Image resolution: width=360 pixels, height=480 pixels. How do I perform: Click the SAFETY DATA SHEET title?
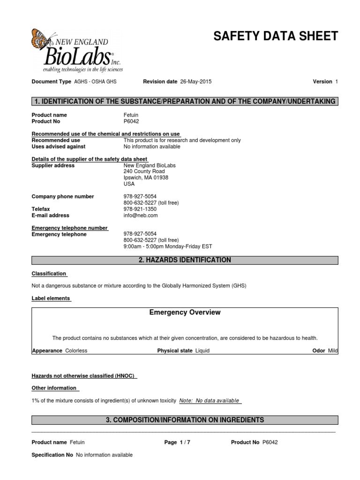click(x=275, y=37)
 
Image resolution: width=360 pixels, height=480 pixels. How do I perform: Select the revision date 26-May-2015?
click(x=195, y=82)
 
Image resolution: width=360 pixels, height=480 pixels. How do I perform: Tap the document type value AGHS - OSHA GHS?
click(x=95, y=82)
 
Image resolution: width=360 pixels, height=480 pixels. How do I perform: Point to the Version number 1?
click(x=337, y=82)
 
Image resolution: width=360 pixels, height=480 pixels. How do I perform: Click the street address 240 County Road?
click(x=144, y=172)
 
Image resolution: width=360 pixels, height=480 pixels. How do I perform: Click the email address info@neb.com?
click(x=141, y=216)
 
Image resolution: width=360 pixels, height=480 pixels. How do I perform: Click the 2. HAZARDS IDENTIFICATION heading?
click(x=185, y=260)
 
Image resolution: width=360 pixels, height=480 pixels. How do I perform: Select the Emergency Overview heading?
click(x=185, y=313)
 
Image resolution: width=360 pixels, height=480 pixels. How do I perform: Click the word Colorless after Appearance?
click(x=76, y=351)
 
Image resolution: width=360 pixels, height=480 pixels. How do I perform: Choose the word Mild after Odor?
click(x=333, y=351)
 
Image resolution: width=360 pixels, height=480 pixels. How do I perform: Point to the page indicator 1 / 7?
click(x=185, y=442)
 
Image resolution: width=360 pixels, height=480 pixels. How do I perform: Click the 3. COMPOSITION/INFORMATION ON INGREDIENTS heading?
click(x=185, y=420)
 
